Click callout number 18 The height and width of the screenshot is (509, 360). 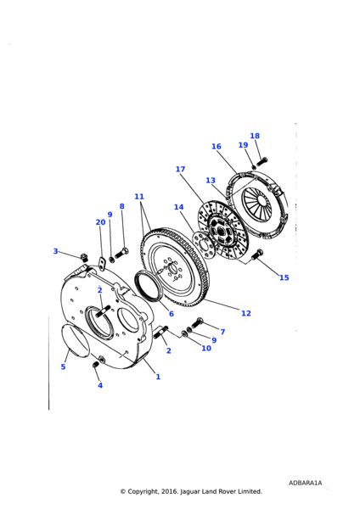[255, 136]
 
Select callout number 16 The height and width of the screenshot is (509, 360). [217, 147]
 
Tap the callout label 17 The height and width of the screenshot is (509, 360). [180, 170]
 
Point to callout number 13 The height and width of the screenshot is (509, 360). [211, 181]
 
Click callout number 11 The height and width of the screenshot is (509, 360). [139, 197]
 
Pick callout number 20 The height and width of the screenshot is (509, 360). [101, 222]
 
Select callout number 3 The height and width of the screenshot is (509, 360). [56, 251]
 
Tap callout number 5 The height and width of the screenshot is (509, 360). [63, 366]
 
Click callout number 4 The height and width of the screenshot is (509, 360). [99, 385]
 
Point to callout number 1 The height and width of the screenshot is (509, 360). [157, 377]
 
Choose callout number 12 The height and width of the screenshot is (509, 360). [245, 313]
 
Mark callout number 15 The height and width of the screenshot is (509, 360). [284, 277]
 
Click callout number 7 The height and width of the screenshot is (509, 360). [222, 332]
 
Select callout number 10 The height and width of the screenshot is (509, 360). [206, 348]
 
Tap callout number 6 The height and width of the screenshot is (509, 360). [171, 313]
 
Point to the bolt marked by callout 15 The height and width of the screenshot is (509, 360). [259, 254]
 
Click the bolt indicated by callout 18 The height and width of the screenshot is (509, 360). [262, 159]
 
